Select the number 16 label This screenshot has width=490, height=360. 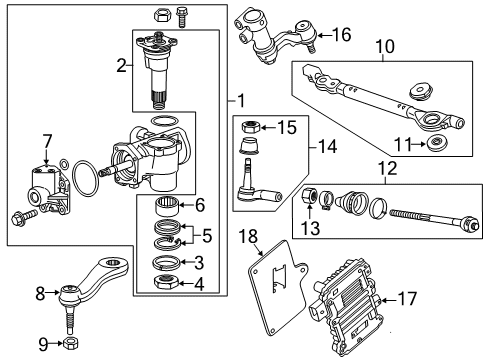pos(342,35)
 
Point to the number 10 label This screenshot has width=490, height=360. pos(385,46)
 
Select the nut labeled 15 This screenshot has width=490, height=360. pos(253,128)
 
